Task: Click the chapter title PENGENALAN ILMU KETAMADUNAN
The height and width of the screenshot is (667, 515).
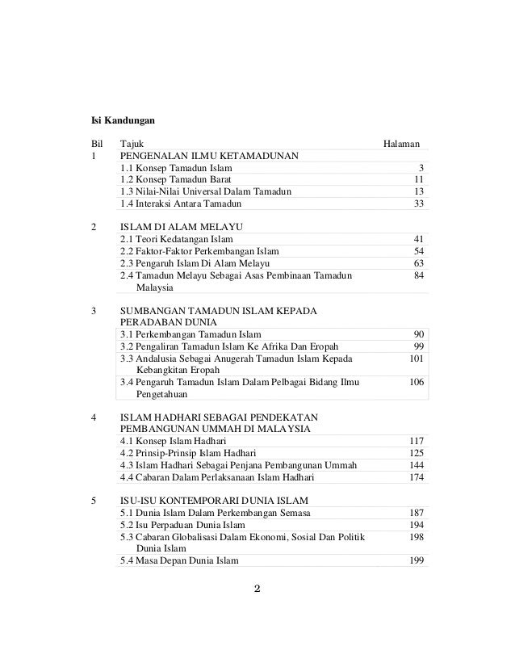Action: [x=208, y=156]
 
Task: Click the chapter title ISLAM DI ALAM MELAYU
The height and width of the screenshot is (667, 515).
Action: [x=182, y=228]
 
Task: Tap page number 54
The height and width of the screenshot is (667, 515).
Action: [x=418, y=251]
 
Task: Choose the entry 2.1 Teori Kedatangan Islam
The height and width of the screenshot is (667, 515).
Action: [x=177, y=240]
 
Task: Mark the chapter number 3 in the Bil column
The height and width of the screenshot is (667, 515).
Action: [x=94, y=311]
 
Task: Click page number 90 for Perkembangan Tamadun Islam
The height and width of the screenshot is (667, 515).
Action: [x=418, y=334]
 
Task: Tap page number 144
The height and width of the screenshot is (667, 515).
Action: [x=416, y=465]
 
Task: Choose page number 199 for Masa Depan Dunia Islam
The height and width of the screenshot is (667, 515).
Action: [x=416, y=560]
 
